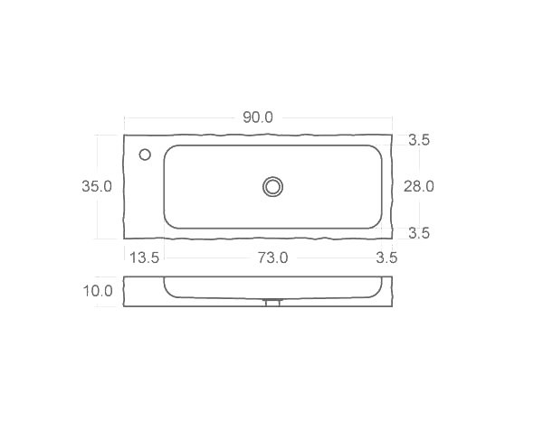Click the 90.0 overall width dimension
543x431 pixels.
coord(258,118)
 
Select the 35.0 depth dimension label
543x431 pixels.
coord(97,187)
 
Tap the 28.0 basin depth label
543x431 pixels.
coord(419,187)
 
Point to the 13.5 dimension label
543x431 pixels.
coord(145,258)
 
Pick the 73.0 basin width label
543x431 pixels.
coord(272,258)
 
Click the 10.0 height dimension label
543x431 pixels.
coord(98,291)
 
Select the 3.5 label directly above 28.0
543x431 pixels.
coord(419,140)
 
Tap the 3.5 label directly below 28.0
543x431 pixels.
coord(419,233)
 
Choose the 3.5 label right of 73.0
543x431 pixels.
coord(386,258)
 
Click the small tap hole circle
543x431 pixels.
coord(145,155)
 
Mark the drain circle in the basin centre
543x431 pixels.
coord(272,186)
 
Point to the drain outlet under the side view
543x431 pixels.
coord(272,303)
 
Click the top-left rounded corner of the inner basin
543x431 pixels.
coord(169,150)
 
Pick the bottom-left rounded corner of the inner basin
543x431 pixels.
coord(169,223)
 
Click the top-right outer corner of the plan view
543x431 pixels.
coord(391,136)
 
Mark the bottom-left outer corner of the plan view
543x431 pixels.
coord(124,239)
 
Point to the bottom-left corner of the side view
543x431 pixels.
coord(124,306)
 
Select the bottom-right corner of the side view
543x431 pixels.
coord(391,306)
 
